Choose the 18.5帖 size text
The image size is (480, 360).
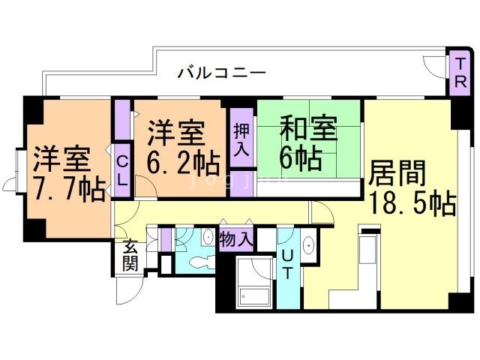coord(412,203)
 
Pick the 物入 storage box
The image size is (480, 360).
coord(236,239)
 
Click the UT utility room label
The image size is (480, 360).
coord(287,267)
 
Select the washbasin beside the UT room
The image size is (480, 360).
coord(309,245)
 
